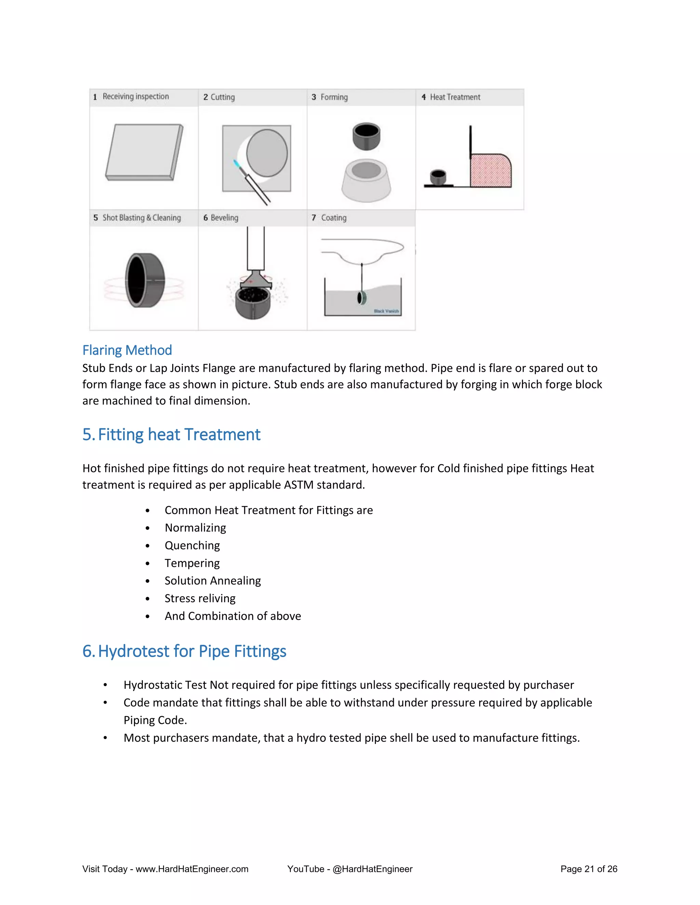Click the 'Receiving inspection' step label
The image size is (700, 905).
[136, 97]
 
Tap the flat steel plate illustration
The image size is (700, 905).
[144, 152]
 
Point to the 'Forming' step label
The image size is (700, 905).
[334, 97]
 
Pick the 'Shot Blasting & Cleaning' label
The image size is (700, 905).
[142, 218]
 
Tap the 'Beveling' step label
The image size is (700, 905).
[224, 218]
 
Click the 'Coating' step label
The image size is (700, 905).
[333, 218]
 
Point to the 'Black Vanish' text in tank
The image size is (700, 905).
[386, 311]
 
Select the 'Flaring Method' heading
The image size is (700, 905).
[127, 350]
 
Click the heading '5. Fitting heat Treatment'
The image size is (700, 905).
[171, 434]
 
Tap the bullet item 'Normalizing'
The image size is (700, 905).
[195, 528]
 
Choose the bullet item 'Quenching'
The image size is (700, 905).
[192, 545]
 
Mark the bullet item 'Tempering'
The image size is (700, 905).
[192, 563]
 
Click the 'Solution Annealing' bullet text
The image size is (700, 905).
[213, 581]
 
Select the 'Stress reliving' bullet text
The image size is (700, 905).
[200, 598]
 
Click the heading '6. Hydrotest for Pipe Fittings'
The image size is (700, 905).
[184, 651]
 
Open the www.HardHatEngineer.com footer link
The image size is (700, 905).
[192, 869]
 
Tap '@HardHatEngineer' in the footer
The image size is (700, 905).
[373, 869]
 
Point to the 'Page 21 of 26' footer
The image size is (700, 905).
[589, 869]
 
